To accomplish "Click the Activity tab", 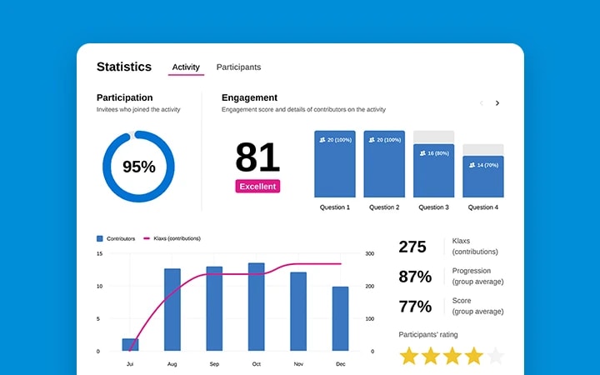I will (186, 67).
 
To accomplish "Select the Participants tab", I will (238, 67).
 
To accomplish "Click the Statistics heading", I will (124, 67).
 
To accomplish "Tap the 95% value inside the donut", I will (138, 167).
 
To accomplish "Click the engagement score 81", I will (257, 157).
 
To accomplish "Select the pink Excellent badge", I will (257, 187).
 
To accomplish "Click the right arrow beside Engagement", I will (497, 103).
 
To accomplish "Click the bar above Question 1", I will (335, 164).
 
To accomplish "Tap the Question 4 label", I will (483, 207).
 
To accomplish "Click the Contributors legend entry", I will (116, 238).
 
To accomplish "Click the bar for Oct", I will (257, 307).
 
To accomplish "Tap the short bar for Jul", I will (130, 344).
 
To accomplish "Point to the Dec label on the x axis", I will (340, 364).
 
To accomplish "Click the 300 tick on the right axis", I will (370, 253).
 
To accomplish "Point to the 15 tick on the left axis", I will (99, 253).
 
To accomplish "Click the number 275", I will (412, 247).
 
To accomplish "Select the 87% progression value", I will (415, 277).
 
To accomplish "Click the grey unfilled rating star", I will (496, 357).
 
